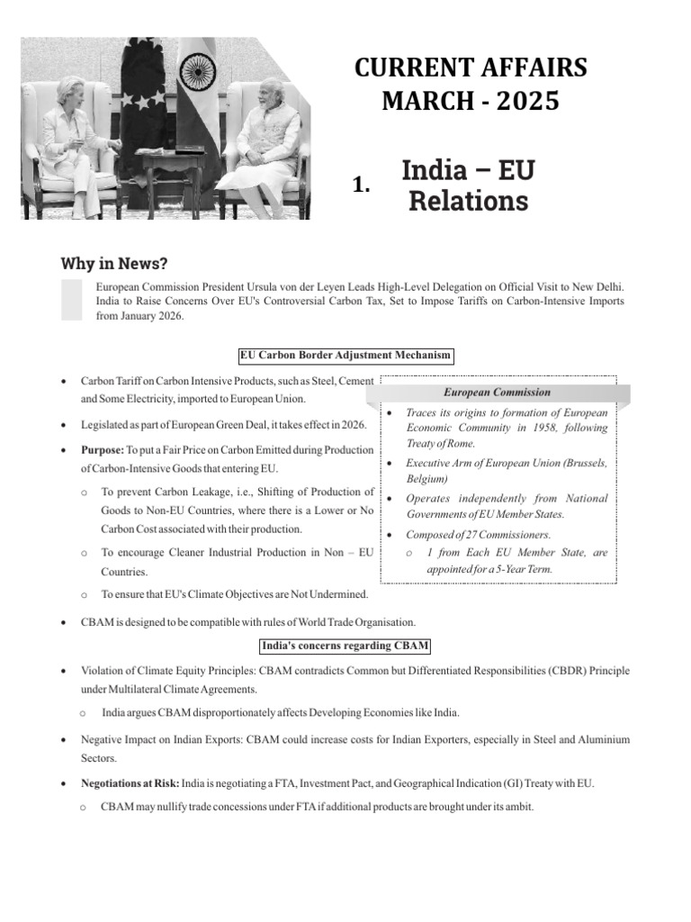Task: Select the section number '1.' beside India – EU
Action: tap(362, 185)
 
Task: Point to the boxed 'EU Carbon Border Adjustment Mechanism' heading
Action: tap(345, 356)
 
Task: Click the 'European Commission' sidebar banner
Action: tap(497, 393)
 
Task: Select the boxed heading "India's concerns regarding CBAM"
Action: tap(345, 646)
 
